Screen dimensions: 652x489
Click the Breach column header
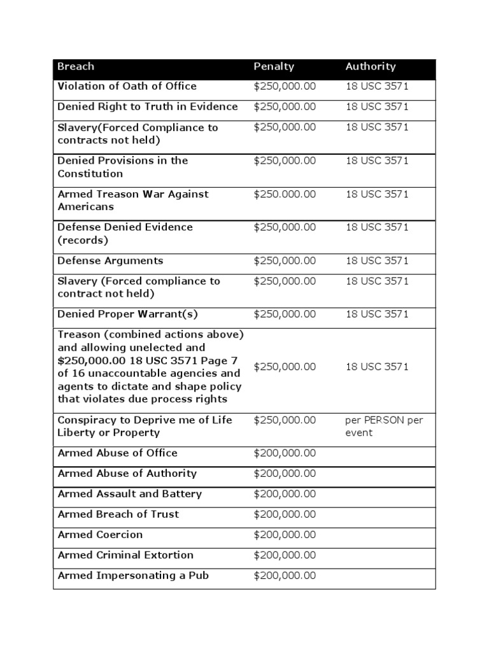coord(76,66)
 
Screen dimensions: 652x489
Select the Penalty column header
coord(274,66)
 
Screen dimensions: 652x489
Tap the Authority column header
coord(371,66)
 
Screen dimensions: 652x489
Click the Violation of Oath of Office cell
coord(127,86)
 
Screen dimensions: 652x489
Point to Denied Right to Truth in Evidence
coord(147,106)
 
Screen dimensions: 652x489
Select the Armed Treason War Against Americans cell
coord(132,201)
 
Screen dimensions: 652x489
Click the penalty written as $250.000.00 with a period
coord(285,194)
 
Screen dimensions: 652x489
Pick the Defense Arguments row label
coord(110,260)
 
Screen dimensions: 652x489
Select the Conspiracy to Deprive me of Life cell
coord(145,427)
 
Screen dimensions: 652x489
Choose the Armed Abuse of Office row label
coord(117,453)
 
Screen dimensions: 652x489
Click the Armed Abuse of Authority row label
coord(127,473)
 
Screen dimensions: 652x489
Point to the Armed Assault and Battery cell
coord(129,493)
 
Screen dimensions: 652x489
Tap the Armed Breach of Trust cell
coord(118,514)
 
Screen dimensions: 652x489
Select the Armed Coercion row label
coord(100,534)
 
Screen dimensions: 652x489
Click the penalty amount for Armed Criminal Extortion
coord(285,555)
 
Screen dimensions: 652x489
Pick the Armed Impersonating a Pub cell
coord(133,576)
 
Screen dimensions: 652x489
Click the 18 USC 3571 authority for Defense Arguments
coord(377,260)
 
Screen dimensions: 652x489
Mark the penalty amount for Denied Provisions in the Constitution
coord(285,160)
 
